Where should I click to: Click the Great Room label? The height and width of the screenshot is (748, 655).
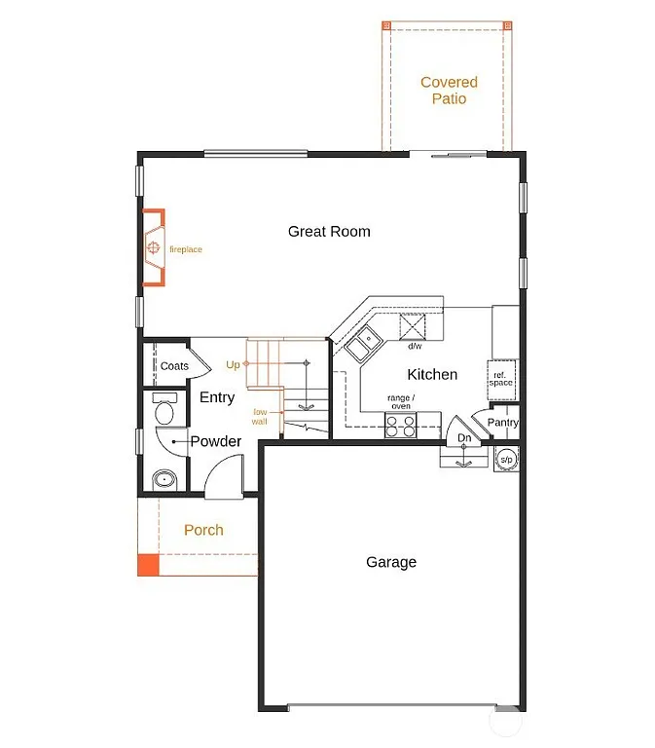pyautogui.click(x=329, y=232)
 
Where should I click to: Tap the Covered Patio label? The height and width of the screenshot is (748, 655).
pyautogui.click(x=449, y=91)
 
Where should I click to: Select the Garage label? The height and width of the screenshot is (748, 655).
pyautogui.click(x=391, y=562)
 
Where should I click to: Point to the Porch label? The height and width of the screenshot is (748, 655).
pyautogui.click(x=203, y=530)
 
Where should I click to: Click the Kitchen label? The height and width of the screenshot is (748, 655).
pyautogui.click(x=432, y=374)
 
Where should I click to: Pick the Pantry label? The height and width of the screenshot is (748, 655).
pyautogui.click(x=503, y=423)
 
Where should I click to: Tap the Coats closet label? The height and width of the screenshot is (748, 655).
pyautogui.click(x=174, y=366)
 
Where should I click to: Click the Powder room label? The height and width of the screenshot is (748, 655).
pyautogui.click(x=216, y=441)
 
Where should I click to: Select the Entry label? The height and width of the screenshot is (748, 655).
pyautogui.click(x=217, y=397)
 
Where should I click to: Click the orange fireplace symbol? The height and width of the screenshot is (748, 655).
pyautogui.click(x=153, y=249)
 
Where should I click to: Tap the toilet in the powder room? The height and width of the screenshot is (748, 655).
pyautogui.click(x=163, y=410)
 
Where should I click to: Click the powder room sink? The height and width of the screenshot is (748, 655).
pyautogui.click(x=162, y=478)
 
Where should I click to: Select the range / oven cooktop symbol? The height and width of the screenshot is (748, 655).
pyautogui.click(x=400, y=425)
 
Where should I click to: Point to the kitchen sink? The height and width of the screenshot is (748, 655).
pyautogui.click(x=365, y=342)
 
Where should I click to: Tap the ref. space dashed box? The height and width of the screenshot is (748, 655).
pyautogui.click(x=501, y=379)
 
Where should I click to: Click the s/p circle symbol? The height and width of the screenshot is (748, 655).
pyautogui.click(x=506, y=459)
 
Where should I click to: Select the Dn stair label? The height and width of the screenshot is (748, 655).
pyautogui.click(x=465, y=439)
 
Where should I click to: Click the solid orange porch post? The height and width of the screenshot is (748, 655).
pyautogui.click(x=147, y=564)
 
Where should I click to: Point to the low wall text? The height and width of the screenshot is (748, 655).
pyautogui.click(x=260, y=417)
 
